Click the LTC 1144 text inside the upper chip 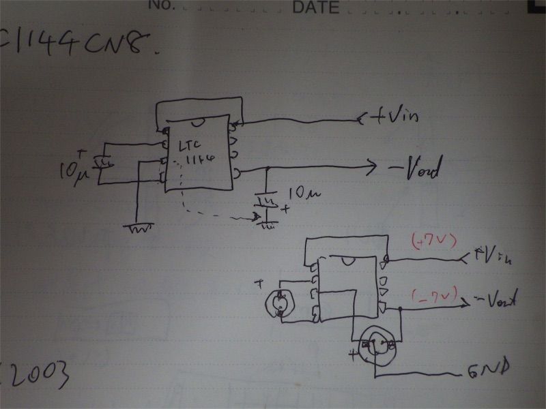[x=195, y=154]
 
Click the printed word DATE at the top [x=315, y=7]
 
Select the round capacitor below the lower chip [x=374, y=346]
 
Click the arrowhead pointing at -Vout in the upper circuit [x=371, y=166]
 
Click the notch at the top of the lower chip [x=349, y=260]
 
